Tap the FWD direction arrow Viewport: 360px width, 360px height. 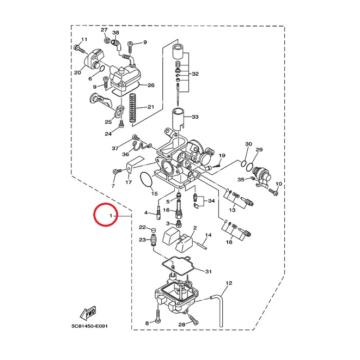[88, 313]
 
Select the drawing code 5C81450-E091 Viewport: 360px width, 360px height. [89, 326]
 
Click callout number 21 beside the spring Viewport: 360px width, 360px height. [151, 107]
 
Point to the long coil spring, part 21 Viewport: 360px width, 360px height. [133, 108]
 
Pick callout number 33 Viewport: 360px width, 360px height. [195, 117]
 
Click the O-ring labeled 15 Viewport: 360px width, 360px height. [146, 180]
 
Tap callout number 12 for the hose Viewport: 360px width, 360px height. [229, 283]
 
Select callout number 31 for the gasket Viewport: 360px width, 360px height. [208, 272]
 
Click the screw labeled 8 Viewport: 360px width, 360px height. [158, 315]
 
